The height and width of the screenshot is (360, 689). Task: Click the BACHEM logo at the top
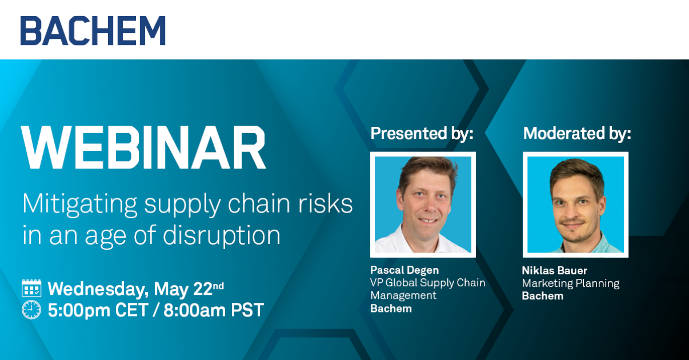(x=93, y=30)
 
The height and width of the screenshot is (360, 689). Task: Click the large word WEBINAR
(x=143, y=147)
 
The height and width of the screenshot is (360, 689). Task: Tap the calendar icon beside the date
(x=31, y=289)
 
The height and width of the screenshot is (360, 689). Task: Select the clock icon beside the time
(x=31, y=310)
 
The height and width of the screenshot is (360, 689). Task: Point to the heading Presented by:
(x=422, y=134)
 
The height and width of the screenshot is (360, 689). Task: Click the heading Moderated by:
(x=577, y=134)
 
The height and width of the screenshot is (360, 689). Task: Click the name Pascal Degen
(x=404, y=270)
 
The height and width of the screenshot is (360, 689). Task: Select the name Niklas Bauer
(x=555, y=270)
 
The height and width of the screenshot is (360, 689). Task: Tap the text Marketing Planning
(x=571, y=283)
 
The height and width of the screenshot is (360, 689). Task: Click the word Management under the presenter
(x=403, y=295)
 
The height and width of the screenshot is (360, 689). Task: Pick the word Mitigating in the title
(x=79, y=205)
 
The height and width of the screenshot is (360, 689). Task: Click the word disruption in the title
(x=222, y=235)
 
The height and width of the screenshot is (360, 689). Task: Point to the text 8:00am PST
(x=214, y=310)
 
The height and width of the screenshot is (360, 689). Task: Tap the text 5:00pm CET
(x=98, y=310)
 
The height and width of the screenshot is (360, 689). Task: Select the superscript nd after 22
(x=218, y=286)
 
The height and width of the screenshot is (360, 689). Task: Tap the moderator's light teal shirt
(x=603, y=245)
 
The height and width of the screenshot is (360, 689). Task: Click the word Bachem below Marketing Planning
(x=543, y=296)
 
